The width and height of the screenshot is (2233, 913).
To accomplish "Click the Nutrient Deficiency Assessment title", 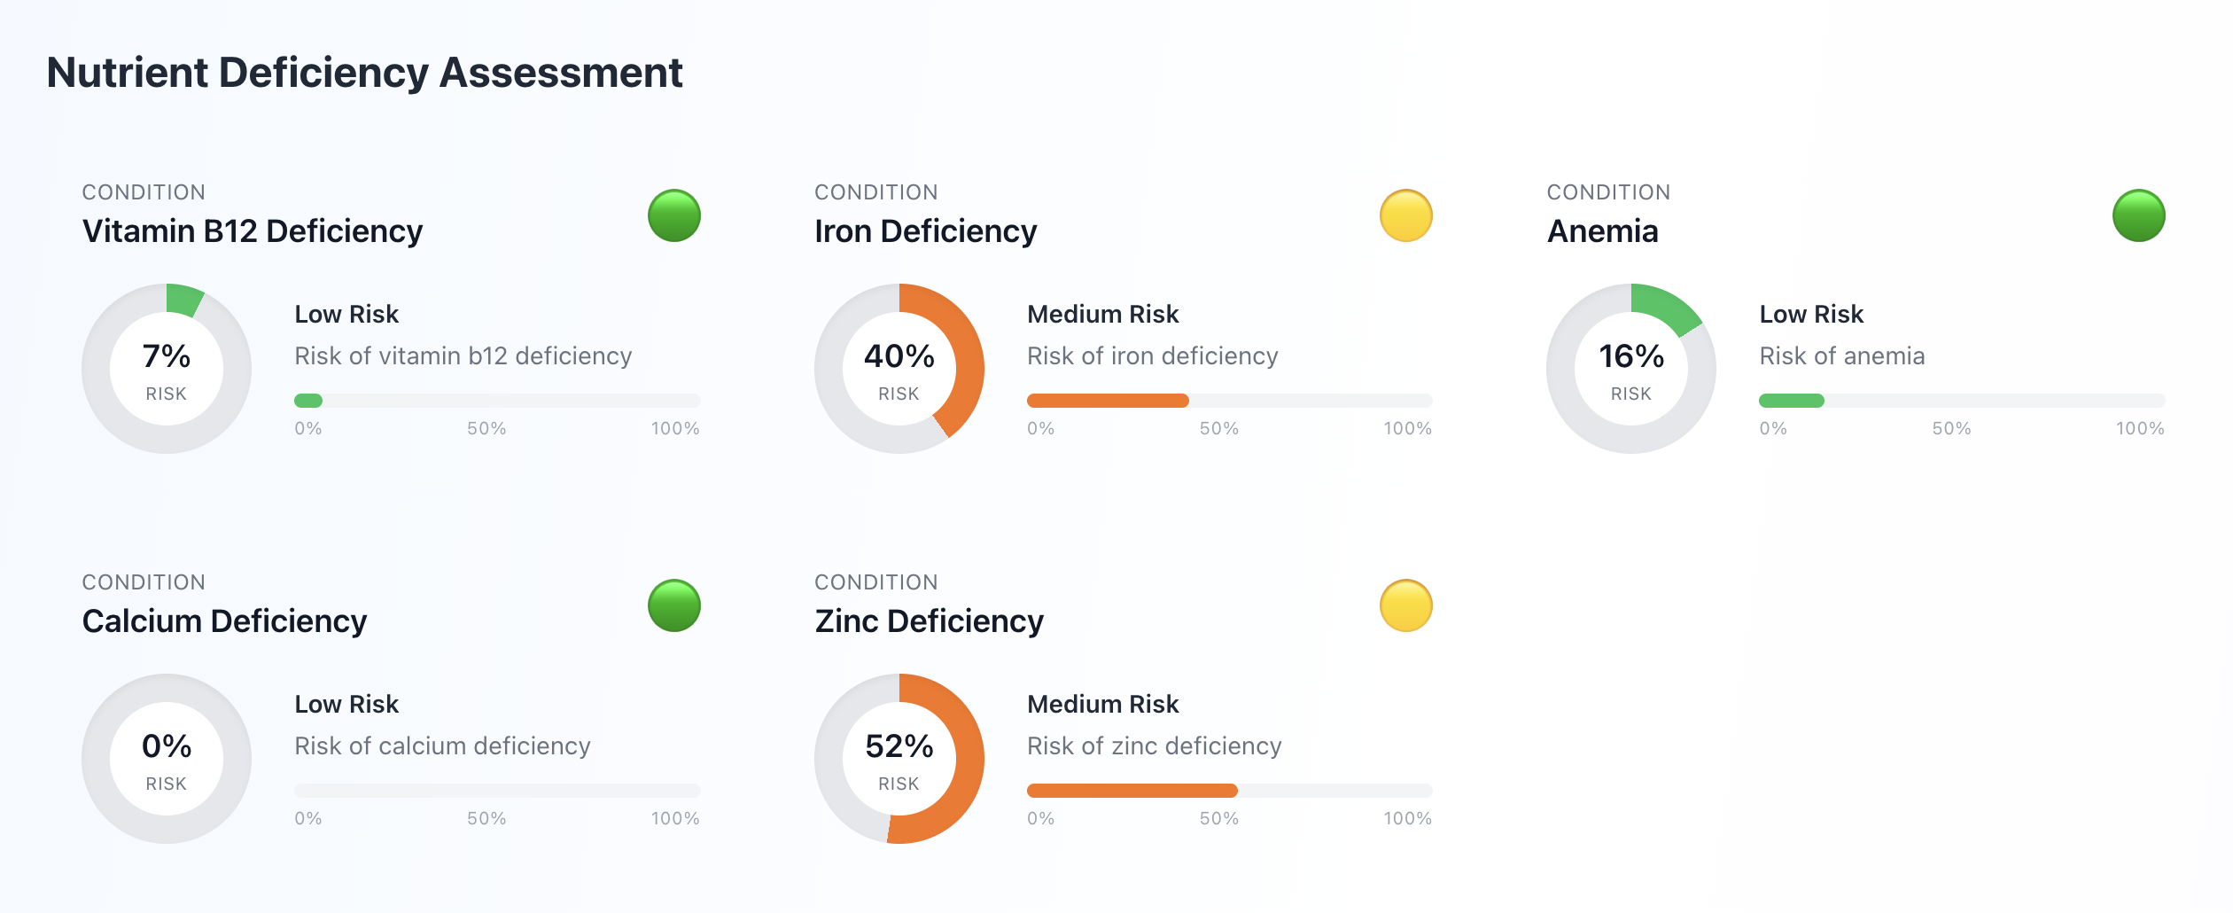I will (x=364, y=73).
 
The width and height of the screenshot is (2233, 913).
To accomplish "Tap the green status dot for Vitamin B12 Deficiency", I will (x=673, y=215).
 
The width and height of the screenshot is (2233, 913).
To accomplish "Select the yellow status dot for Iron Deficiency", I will (x=1405, y=215).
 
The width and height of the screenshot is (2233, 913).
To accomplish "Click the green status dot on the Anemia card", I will (x=2138, y=215).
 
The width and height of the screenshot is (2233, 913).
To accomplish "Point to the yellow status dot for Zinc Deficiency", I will (x=1405, y=605).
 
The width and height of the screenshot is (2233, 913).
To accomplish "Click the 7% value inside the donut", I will (x=167, y=356).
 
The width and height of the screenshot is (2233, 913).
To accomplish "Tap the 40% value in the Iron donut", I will (x=899, y=356).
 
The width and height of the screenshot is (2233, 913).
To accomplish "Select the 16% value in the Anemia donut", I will (x=1630, y=356).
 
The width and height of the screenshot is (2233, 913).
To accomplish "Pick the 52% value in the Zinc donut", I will (x=899, y=746).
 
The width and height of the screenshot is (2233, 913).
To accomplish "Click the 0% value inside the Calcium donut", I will (x=167, y=746).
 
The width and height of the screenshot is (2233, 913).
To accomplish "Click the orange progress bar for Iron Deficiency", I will (x=1108, y=401).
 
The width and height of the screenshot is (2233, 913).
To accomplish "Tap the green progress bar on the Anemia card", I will (x=1791, y=401).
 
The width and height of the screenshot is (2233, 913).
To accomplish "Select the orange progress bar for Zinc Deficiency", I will (x=1132, y=791).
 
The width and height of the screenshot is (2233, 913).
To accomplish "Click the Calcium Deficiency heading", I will (x=224, y=621).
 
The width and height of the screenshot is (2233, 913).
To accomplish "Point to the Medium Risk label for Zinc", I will (x=1102, y=704).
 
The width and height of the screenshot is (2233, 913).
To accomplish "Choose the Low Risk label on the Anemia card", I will (x=1811, y=314).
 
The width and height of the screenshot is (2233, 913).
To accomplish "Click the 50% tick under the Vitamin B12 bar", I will (x=486, y=429).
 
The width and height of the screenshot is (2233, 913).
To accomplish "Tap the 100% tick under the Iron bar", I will (x=1407, y=429).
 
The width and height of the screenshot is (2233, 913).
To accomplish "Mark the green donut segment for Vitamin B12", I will (x=183, y=300).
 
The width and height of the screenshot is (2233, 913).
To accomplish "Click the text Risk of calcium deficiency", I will (x=442, y=746).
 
